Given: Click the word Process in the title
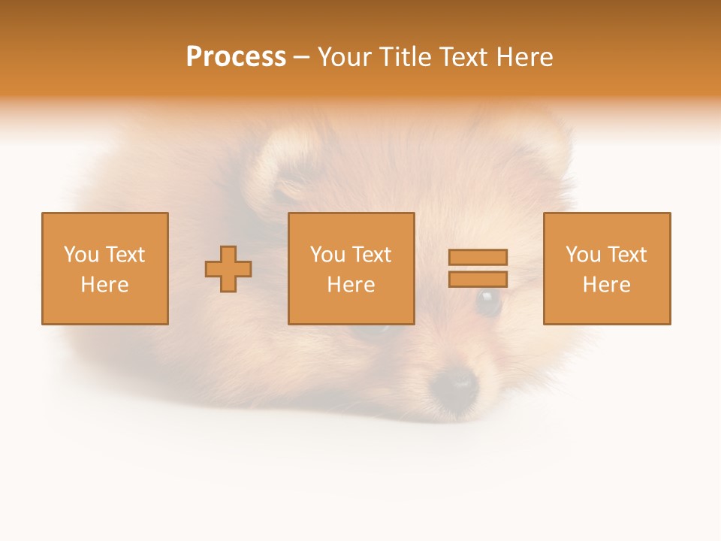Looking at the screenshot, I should pyautogui.click(x=236, y=57).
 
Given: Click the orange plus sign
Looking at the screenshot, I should pyautogui.click(x=228, y=269).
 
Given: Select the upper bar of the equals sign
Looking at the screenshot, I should pyautogui.click(x=478, y=257).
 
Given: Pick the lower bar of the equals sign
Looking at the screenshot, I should pyautogui.click(x=478, y=280).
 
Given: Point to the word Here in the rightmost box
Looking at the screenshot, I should pyautogui.click(x=607, y=285).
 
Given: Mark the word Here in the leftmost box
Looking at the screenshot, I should pyautogui.click(x=105, y=285).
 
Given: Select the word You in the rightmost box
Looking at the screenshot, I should pyautogui.click(x=582, y=255).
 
